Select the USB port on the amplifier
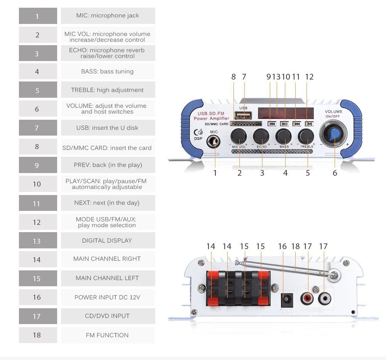(244, 116)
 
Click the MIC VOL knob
(239, 136)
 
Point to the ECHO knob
(262, 136)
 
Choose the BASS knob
(284, 136)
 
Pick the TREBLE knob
(306, 136)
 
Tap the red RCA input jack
(308, 298)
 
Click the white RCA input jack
(323, 298)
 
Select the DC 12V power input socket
(286, 299)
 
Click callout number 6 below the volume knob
(335, 173)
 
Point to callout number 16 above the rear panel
(283, 246)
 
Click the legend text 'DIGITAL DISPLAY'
(107, 240)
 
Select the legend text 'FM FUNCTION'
(107, 335)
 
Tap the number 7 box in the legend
(37, 128)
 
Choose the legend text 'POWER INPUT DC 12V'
(107, 297)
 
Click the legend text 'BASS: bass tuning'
(107, 71)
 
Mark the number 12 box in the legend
(37, 222)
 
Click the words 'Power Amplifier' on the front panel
(211, 119)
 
